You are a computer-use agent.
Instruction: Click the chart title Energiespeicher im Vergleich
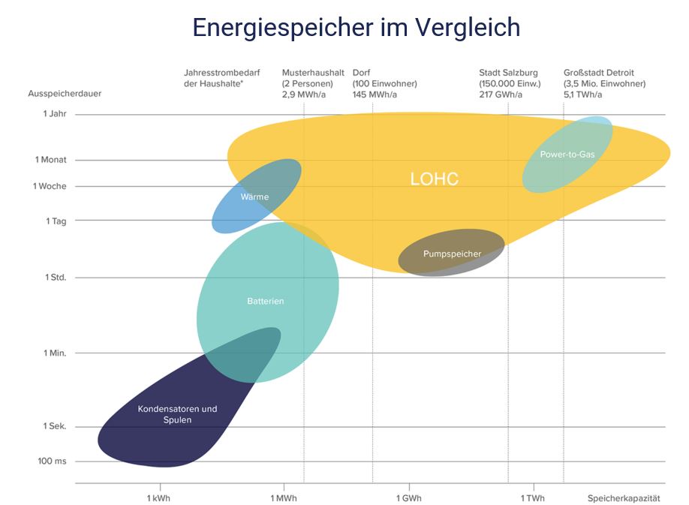(x=356, y=28)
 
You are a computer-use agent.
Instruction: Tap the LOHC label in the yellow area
(x=434, y=179)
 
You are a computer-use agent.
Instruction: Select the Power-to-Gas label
(x=567, y=155)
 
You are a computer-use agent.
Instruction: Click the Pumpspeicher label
(x=452, y=254)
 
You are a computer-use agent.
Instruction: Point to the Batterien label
(x=266, y=302)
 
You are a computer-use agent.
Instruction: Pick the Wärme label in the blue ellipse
(x=254, y=197)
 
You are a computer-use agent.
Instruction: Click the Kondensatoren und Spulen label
(x=177, y=414)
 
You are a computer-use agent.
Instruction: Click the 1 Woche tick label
(x=50, y=186)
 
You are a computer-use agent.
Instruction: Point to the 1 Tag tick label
(x=56, y=221)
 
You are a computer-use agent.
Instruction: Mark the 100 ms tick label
(x=52, y=461)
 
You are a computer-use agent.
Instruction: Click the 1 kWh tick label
(x=159, y=498)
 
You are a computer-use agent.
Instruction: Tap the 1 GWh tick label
(x=408, y=498)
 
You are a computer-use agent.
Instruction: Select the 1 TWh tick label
(x=533, y=498)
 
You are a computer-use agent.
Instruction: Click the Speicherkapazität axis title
(x=624, y=498)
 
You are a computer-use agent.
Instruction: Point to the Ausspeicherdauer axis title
(x=65, y=94)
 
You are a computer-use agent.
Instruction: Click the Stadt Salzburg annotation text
(x=508, y=73)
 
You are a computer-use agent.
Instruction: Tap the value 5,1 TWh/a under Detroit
(x=583, y=95)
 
